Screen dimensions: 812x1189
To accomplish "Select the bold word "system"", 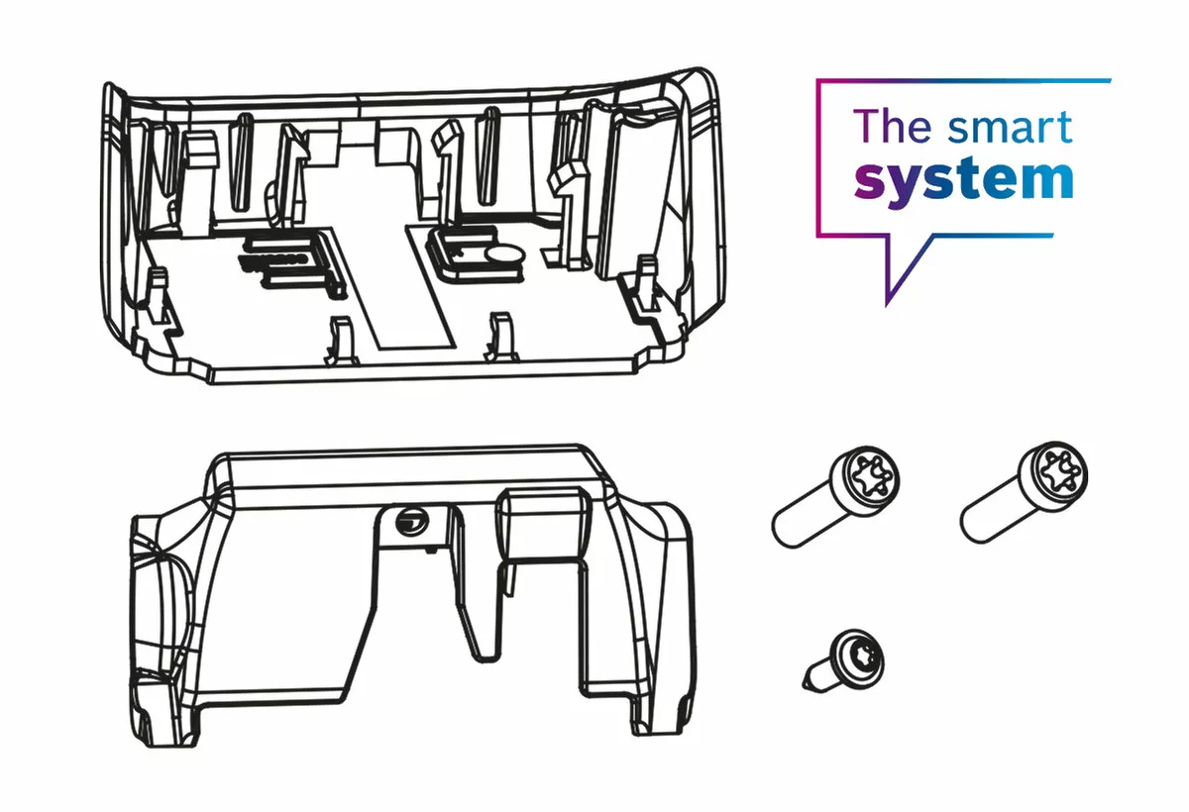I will click(963, 180).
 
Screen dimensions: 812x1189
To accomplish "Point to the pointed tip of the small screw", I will click(805, 681).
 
